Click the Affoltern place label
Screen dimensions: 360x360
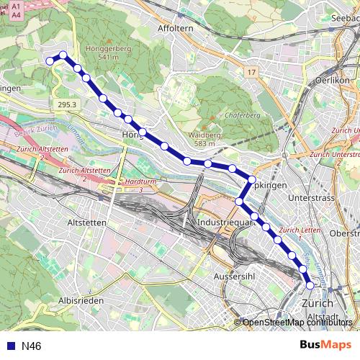click(173, 28)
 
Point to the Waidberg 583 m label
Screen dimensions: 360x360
click(199, 139)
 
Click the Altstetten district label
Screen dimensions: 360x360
click(86, 223)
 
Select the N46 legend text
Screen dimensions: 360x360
click(32, 346)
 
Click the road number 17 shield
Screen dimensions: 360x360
click(251, 73)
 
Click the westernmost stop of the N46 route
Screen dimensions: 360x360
click(50, 61)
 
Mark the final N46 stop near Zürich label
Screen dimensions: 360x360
click(310, 286)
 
